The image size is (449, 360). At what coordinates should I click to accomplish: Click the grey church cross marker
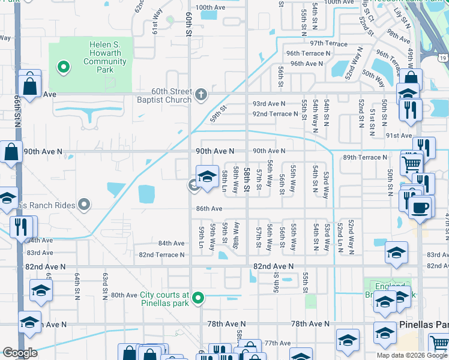point(201,94)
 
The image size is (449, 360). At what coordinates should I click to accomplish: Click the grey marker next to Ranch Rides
point(84,205)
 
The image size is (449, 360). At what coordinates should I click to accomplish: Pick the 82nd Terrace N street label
point(161,255)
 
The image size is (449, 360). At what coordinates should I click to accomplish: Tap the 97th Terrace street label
point(328,44)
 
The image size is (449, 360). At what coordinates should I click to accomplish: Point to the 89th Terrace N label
point(364,157)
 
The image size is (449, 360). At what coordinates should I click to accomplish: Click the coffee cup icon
point(420,208)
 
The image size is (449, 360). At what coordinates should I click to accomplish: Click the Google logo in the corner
point(20,353)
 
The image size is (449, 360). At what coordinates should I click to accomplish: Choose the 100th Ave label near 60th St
point(209,8)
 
